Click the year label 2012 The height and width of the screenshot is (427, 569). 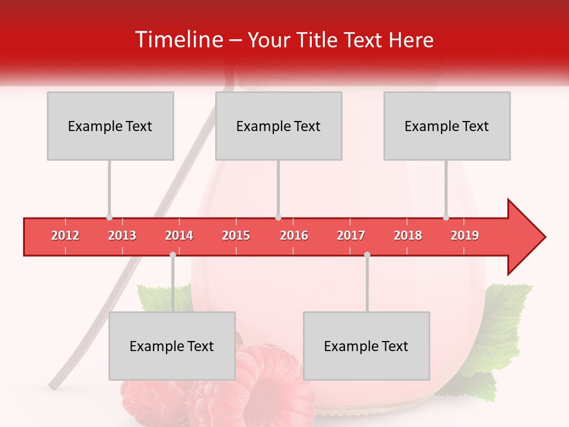point(65,236)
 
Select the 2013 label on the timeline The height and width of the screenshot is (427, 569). point(122,236)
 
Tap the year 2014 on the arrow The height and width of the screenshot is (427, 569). point(179,236)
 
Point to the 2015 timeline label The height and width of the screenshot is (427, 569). point(236,236)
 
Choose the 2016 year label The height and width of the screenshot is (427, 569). point(294,236)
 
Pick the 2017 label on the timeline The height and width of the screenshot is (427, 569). point(351,236)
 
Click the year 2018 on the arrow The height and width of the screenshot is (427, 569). point(408,236)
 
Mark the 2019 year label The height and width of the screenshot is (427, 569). point(465,236)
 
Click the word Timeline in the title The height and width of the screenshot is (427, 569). point(178,40)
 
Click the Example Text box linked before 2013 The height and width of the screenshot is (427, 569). point(110,126)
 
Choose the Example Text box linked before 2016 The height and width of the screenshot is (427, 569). point(279,126)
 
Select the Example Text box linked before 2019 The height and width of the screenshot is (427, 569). point(447,126)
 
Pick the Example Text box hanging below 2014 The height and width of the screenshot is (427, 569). point(172,346)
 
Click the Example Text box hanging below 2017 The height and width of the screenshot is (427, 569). point(366,346)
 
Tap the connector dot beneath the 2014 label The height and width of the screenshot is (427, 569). point(172,254)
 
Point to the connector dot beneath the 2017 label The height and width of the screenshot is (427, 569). point(367,254)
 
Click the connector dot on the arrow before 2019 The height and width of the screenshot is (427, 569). point(446,218)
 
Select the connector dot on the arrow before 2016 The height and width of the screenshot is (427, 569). point(278,218)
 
